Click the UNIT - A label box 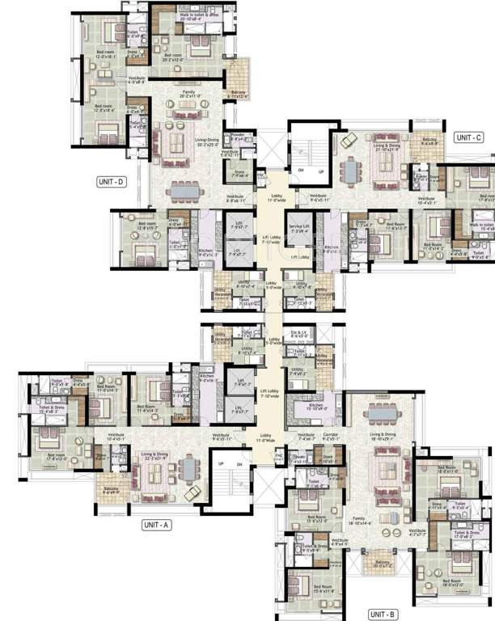click(x=155, y=525)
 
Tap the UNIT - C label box click(x=467, y=137)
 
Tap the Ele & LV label click(x=298, y=333)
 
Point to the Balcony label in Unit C click(x=429, y=141)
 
